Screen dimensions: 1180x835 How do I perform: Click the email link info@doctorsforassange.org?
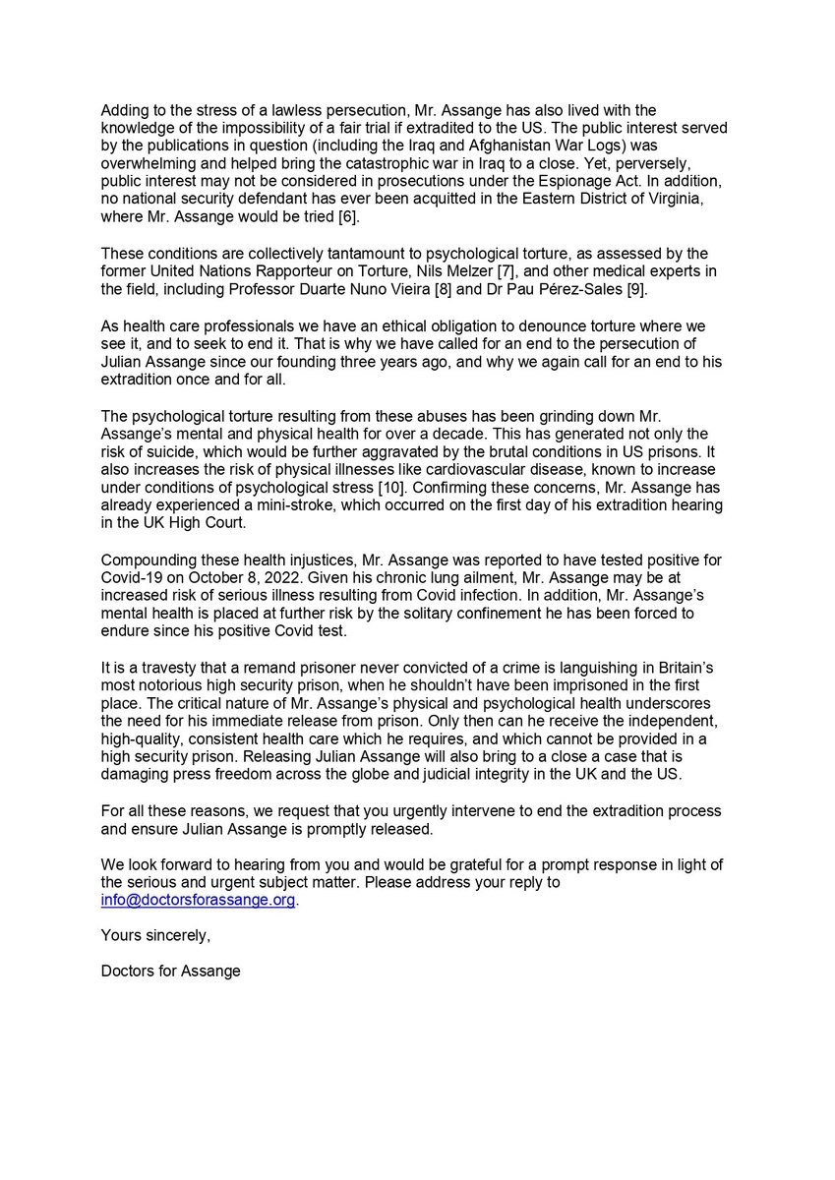(198, 900)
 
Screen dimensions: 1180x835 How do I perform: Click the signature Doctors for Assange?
(170, 972)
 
